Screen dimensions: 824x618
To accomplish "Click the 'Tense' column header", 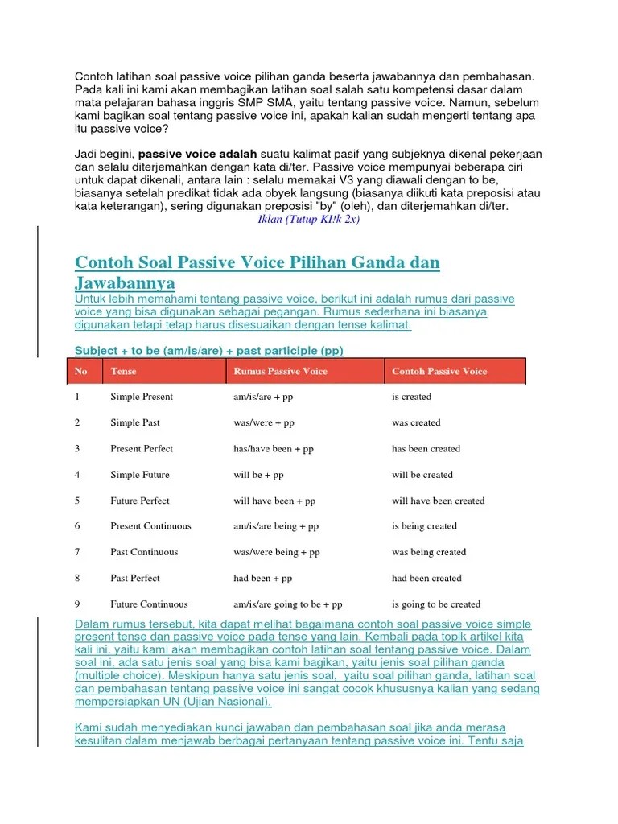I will click(x=123, y=371).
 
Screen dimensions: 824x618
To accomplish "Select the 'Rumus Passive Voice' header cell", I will click(x=280, y=371).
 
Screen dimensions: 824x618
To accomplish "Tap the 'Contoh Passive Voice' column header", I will click(x=439, y=371).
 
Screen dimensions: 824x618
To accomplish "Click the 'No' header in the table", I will click(x=80, y=371).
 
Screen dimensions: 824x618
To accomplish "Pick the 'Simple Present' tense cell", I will click(x=142, y=397).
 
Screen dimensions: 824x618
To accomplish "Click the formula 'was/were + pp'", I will click(x=264, y=422).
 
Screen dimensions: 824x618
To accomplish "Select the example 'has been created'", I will click(x=426, y=449).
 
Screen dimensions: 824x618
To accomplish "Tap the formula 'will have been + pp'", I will click(x=274, y=501).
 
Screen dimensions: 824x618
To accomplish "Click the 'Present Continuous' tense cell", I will click(x=150, y=526).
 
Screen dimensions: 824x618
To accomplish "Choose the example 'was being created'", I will click(x=429, y=552).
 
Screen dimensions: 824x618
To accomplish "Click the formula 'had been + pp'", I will click(x=263, y=578).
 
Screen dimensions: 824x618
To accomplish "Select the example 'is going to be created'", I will click(x=436, y=604).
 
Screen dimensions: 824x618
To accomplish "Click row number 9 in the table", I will click(x=77, y=604).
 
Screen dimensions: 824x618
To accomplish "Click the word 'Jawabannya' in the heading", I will click(x=125, y=283).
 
